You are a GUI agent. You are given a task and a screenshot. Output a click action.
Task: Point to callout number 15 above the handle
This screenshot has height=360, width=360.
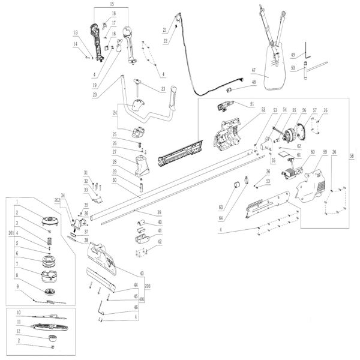(x=110, y=4)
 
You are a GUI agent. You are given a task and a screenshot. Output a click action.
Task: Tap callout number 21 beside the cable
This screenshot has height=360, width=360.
(x=164, y=29)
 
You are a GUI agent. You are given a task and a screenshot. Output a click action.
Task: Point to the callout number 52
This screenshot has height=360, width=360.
(x=262, y=110)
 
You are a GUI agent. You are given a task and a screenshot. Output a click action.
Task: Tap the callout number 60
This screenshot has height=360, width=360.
(x=311, y=153)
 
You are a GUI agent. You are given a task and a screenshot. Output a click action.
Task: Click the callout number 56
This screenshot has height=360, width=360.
(x=304, y=111)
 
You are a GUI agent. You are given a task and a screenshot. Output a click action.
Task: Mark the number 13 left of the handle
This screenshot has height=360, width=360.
(x=76, y=32)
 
